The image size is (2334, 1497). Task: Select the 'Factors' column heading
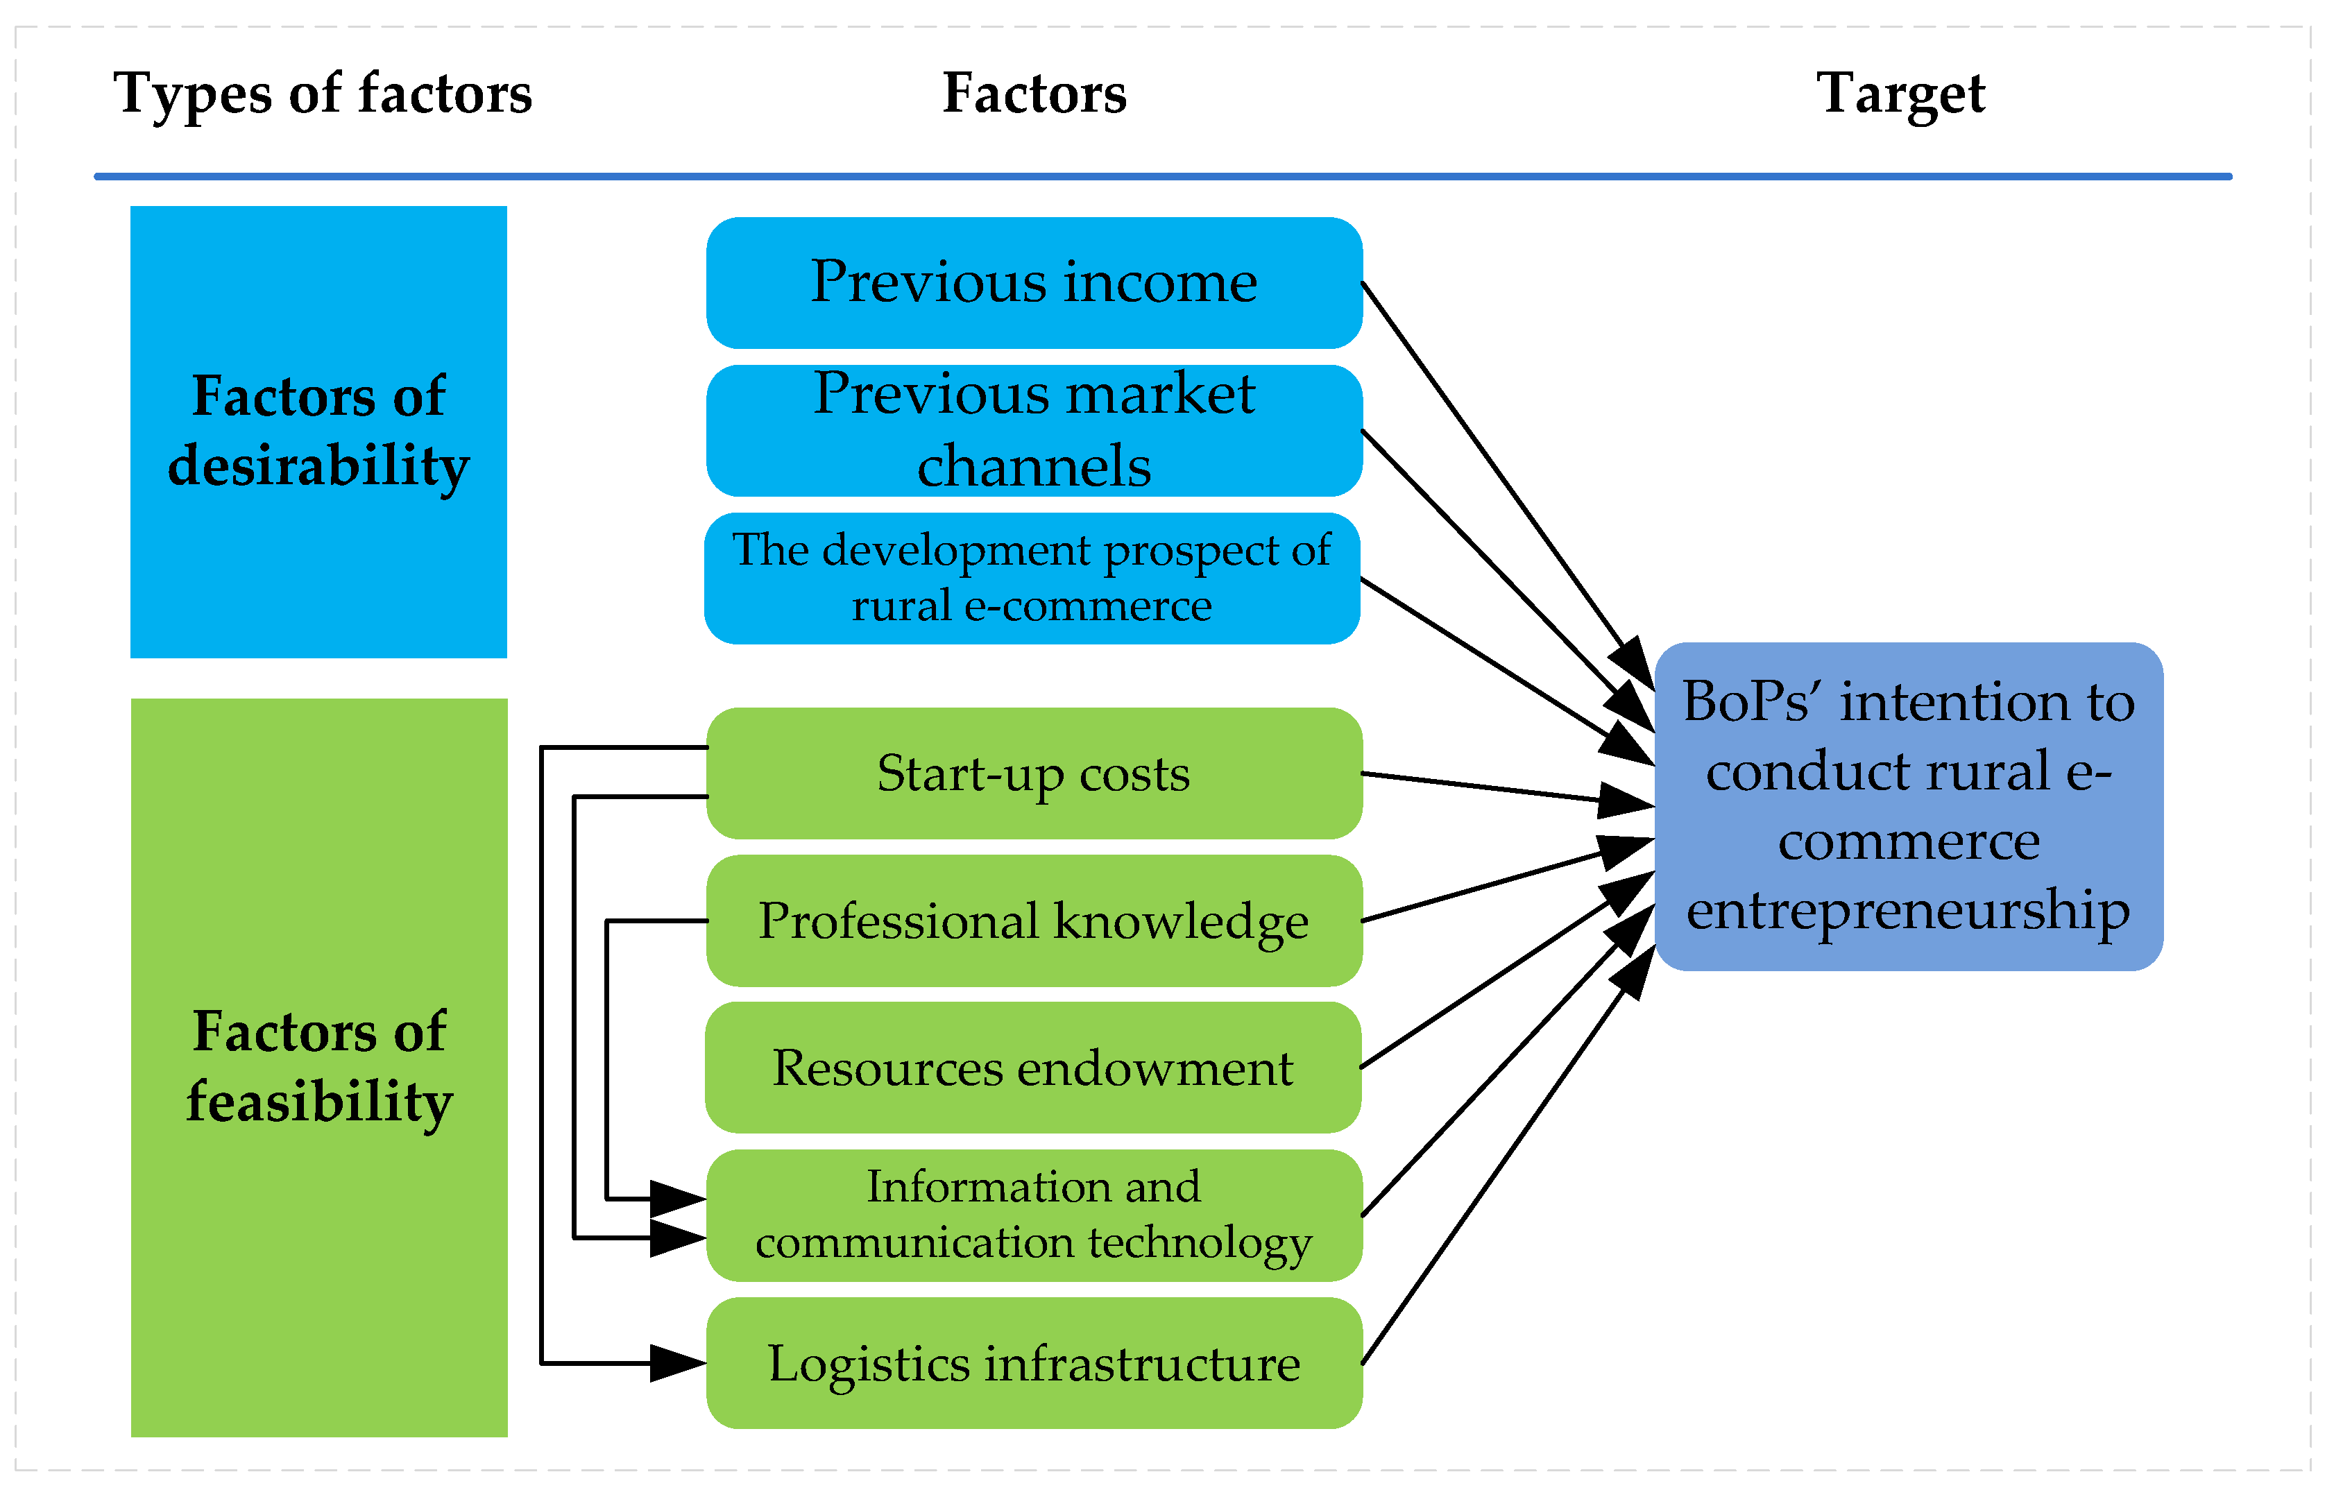1034,94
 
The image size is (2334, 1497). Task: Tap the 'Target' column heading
1900,94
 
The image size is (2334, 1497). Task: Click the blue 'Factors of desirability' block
319,431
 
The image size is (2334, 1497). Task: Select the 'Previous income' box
1034,283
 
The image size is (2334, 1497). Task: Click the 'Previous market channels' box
1034,431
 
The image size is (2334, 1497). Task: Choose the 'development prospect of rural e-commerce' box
1032,579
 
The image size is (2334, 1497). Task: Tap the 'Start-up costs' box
1034,773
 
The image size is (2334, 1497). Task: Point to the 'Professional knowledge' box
1034,921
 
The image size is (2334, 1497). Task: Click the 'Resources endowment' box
1032,1068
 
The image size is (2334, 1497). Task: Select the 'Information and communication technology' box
1034,1215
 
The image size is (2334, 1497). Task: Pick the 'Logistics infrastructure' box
1034,1363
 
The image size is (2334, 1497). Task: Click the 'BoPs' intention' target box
1908,807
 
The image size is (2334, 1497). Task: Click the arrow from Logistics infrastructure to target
1497,1167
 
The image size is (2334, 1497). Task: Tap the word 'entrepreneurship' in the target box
1908,911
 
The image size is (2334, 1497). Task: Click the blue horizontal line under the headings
1163,177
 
